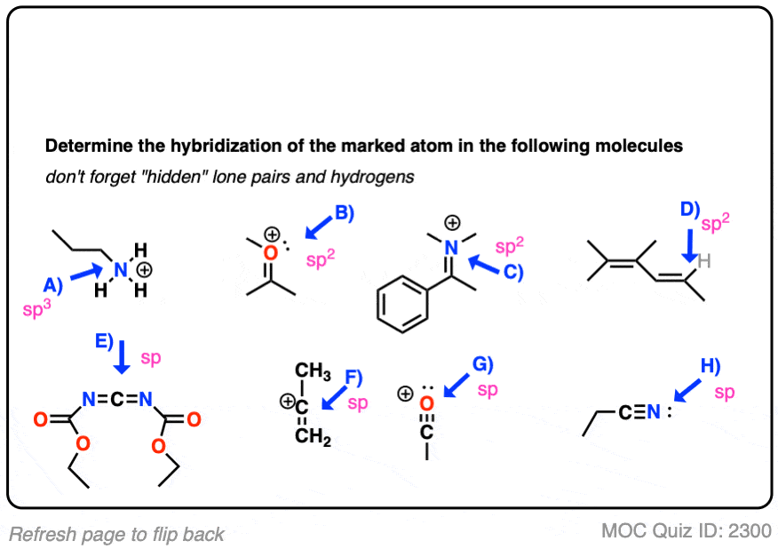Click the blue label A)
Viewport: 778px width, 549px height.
tap(52, 285)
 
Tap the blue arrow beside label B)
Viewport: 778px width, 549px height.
tap(319, 227)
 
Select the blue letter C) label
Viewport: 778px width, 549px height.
tap(513, 272)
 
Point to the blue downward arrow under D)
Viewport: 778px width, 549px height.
tap(690, 246)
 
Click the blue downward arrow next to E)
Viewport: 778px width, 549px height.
tap(122, 357)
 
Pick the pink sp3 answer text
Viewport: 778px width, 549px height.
tap(36, 308)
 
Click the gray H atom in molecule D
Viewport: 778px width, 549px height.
tap(704, 261)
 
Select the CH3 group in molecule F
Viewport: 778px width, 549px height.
tap(313, 370)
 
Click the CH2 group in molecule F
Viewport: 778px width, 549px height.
tap(313, 436)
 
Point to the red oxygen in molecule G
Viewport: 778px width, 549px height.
tap(426, 403)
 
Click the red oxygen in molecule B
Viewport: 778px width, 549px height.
tap(270, 253)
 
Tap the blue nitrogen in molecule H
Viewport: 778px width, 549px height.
tap(654, 411)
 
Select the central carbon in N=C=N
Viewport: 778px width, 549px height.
tap(117, 399)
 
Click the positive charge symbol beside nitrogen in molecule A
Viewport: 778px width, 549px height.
tap(144, 270)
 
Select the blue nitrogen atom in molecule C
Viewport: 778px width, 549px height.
tap(451, 248)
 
